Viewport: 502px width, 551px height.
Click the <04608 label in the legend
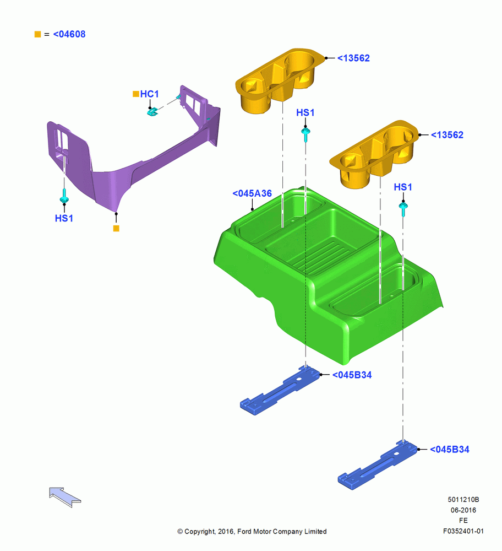69,34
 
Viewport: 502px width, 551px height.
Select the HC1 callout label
150,94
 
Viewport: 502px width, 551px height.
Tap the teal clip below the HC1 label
152,112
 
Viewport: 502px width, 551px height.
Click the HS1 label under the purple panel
64,218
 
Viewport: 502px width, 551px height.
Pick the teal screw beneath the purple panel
64,197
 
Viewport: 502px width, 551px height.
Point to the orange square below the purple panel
116,229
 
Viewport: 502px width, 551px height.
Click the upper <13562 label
353,58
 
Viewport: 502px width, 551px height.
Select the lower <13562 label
448,134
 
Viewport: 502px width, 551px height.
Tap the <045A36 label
252,193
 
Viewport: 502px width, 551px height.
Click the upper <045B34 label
352,375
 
